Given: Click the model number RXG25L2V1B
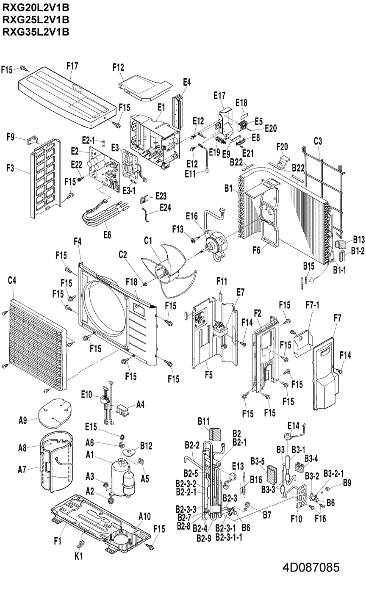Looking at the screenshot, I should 36,19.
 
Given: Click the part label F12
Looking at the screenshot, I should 118,67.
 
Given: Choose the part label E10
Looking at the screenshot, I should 86,394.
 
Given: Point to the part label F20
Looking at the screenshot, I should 282,146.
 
